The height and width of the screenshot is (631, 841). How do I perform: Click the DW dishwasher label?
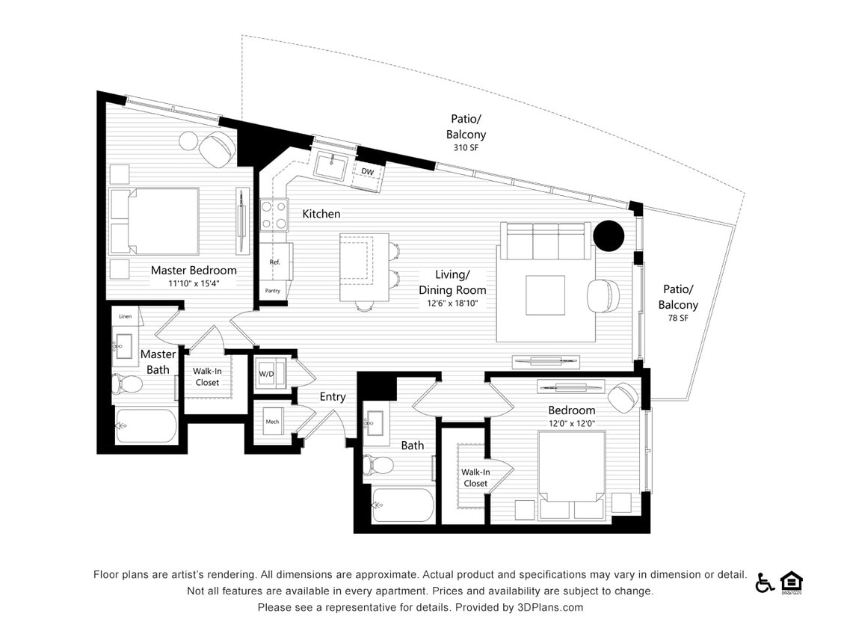click(x=367, y=172)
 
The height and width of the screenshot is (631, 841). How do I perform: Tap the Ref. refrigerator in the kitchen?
click(x=275, y=262)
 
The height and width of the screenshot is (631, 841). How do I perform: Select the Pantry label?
click(x=272, y=291)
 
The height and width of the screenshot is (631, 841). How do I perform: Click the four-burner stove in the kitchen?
click(x=274, y=215)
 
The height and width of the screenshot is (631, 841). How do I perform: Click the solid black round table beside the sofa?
click(x=608, y=236)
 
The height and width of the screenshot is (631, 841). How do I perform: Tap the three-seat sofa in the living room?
click(x=546, y=241)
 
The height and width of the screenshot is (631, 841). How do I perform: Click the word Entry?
click(x=333, y=397)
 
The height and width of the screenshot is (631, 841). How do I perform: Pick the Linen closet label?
click(x=125, y=316)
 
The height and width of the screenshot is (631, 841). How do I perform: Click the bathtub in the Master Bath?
click(x=145, y=426)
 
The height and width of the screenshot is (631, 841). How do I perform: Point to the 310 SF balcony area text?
click(x=466, y=148)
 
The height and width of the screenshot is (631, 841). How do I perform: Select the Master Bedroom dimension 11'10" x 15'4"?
click(x=193, y=284)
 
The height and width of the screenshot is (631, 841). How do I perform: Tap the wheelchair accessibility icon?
click(x=764, y=583)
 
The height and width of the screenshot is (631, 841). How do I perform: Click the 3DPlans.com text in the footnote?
click(x=549, y=608)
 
